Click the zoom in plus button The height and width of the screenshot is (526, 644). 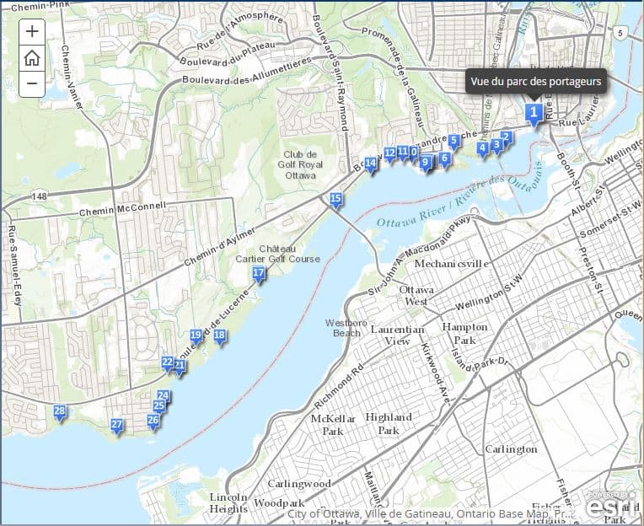click(x=31, y=32)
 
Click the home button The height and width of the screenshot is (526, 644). click(x=31, y=57)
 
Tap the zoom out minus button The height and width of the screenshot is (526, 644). click(x=31, y=83)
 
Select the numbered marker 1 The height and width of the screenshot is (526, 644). click(x=533, y=112)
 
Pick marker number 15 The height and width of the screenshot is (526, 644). click(x=335, y=200)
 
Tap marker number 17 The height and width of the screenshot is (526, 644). click(x=259, y=273)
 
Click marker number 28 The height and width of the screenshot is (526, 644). click(x=59, y=412)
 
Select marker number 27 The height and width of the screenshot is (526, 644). click(x=117, y=425)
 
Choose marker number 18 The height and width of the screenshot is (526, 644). click(x=219, y=336)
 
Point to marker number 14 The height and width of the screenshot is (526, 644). click(x=370, y=163)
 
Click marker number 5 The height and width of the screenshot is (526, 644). click(x=453, y=141)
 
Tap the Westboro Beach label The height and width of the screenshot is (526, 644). click(x=346, y=327)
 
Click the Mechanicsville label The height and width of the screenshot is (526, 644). click(x=451, y=263)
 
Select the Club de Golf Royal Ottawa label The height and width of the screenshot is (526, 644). click(x=299, y=164)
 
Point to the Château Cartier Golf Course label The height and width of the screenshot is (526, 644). click(x=289, y=254)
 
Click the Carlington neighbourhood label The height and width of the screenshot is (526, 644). click(x=511, y=449)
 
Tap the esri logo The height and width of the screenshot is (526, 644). click(x=609, y=506)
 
